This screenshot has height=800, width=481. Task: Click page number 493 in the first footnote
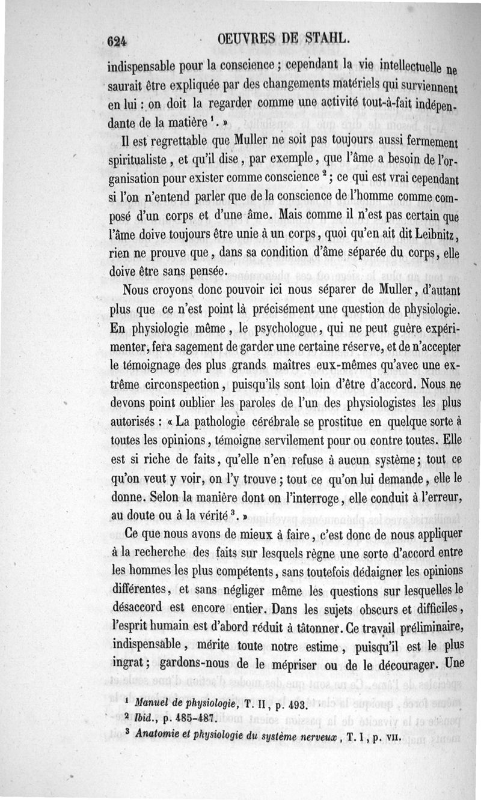point(297,704)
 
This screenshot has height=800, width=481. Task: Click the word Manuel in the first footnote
point(153,702)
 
